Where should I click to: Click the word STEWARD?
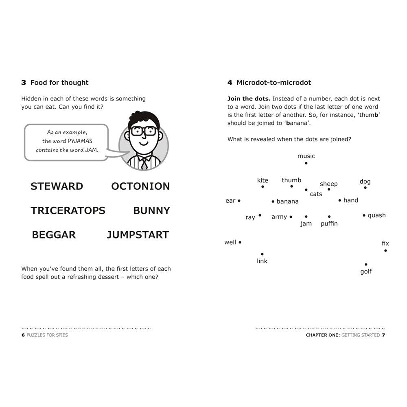coord(57,186)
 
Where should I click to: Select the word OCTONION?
coord(140,186)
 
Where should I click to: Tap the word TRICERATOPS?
coord(68,210)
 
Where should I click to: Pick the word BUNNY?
coord(151,210)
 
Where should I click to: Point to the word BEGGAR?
coord(54,235)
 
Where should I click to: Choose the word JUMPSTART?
coord(138,235)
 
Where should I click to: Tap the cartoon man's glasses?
coord(144,131)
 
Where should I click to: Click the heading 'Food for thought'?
coord(59,83)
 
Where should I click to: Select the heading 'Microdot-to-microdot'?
coord(274,83)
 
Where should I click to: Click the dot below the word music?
coord(306,163)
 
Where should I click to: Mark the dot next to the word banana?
coord(273,201)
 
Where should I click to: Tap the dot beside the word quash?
coord(364,215)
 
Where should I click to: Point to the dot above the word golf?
coord(366,265)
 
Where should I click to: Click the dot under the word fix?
coord(385,250)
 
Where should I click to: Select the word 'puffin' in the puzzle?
coord(329,223)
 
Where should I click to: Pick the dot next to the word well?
coord(240,242)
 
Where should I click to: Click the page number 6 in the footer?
coord(23,335)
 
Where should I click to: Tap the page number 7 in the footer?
coord(383,335)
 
